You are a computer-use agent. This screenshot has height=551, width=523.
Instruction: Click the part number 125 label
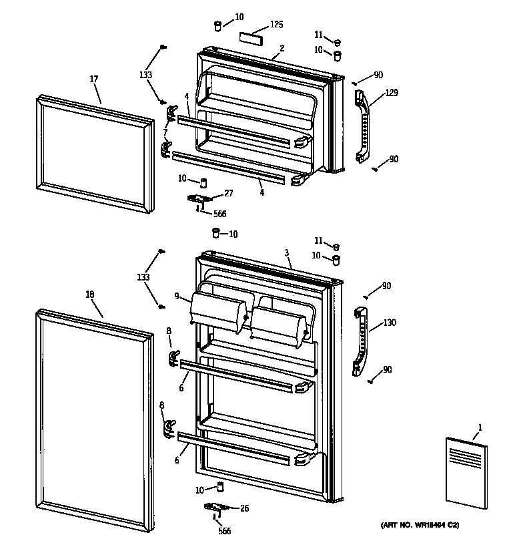coord(276,25)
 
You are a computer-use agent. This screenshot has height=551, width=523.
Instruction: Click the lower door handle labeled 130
coord(360,339)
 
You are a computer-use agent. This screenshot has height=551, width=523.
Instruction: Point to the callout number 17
coord(93,79)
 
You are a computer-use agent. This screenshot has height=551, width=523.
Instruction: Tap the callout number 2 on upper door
coord(282,48)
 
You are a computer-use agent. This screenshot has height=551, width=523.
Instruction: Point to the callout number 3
coord(286,253)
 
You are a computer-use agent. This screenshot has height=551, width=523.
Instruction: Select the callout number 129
coord(392,93)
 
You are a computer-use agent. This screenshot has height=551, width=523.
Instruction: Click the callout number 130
coord(390,323)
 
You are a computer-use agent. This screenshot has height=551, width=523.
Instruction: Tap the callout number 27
coord(229,194)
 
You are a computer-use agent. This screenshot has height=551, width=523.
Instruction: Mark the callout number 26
coord(244,509)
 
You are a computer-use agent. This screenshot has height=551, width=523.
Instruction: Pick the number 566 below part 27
coord(219,214)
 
